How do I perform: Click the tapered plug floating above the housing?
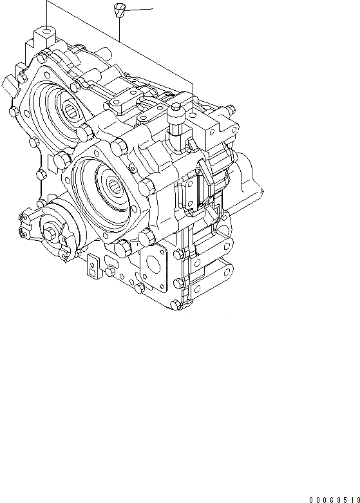[118, 10]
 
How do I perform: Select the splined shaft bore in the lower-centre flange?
[116, 187]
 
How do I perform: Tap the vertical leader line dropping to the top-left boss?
[47, 13]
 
